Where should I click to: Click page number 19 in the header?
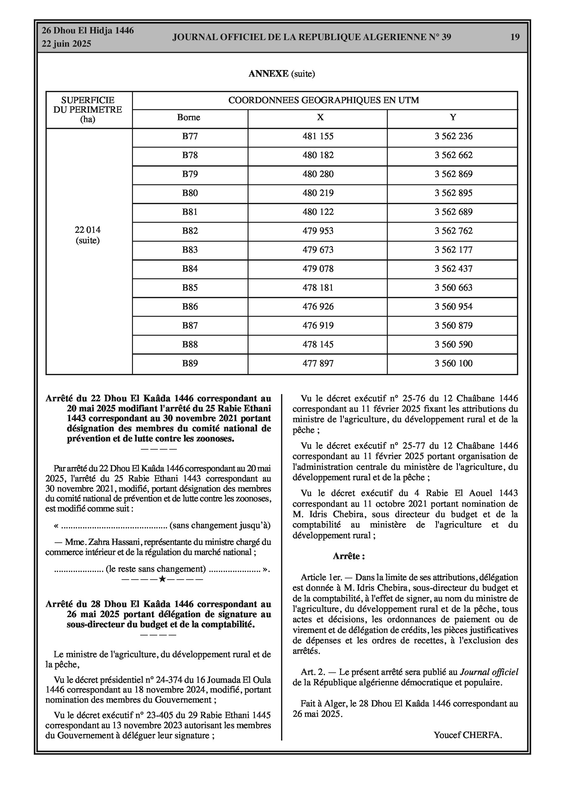(515, 37)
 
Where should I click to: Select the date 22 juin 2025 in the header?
(66, 44)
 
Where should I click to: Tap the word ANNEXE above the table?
(268, 74)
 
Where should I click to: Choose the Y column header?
(453, 117)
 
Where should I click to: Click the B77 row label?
(190, 136)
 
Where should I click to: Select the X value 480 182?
(318, 155)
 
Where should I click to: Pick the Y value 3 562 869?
(453, 174)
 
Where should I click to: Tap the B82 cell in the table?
(190, 231)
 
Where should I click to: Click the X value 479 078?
(318, 269)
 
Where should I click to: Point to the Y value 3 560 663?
(453, 288)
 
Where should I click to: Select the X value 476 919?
(318, 326)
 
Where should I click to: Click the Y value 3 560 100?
(453, 363)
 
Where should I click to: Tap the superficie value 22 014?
(87, 230)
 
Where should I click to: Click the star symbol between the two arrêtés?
(162, 579)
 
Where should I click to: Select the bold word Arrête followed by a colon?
(349, 556)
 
